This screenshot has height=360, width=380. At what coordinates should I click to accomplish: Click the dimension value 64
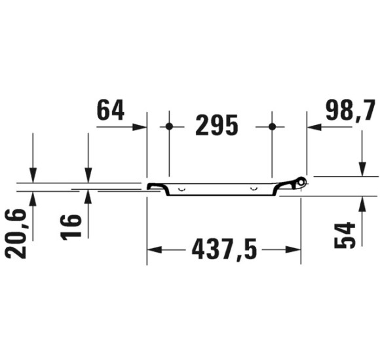click(111, 110)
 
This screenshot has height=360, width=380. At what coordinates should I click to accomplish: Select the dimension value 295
click(217, 126)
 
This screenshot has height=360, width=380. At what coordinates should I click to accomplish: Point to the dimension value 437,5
click(224, 249)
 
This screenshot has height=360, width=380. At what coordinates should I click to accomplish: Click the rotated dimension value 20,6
click(15, 234)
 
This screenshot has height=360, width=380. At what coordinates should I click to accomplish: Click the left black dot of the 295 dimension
click(169, 126)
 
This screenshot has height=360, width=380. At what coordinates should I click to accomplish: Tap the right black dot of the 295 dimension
click(272, 126)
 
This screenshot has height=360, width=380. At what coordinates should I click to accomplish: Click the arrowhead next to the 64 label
click(140, 127)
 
